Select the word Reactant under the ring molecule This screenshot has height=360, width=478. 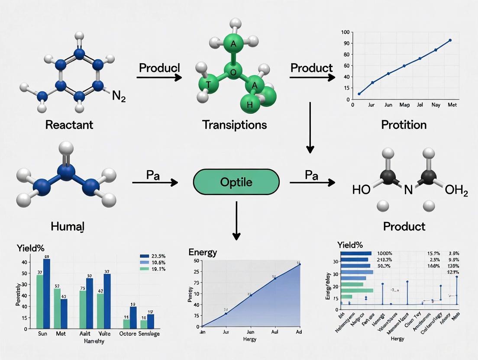pyautogui.click(x=69, y=125)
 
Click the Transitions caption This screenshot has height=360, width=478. pyautogui.click(x=234, y=125)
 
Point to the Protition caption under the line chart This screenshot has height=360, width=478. pyautogui.click(x=404, y=125)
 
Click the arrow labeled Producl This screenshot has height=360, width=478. pyautogui.click(x=159, y=77)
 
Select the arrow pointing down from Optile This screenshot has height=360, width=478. pyautogui.click(x=236, y=221)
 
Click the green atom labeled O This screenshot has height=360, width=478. pyautogui.click(x=233, y=72)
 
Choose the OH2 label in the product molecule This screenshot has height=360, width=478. pyautogui.click(x=456, y=190)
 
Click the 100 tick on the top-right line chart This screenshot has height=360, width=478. pyautogui.click(x=345, y=32)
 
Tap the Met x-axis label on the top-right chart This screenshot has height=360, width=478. pyautogui.click(x=452, y=105)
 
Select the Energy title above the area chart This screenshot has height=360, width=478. pyautogui.click(x=203, y=252)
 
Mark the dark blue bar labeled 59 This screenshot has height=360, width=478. pyautogui.click(x=46, y=292)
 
